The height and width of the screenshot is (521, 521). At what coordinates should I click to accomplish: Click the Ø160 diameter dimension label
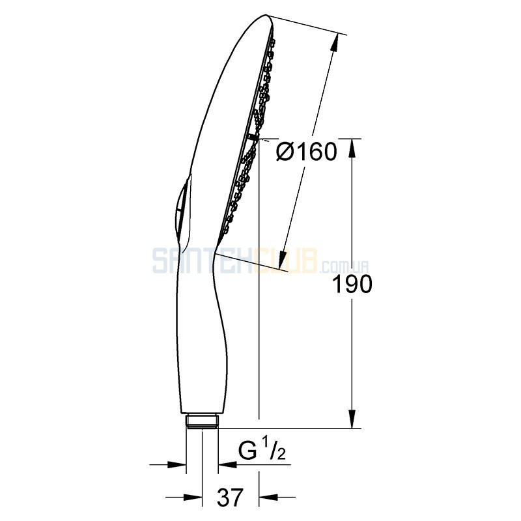[x=306, y=152]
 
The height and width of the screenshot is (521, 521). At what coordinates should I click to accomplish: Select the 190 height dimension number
[x=352, y=285]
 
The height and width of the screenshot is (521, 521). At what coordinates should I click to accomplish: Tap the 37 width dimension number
[x=231, y=497]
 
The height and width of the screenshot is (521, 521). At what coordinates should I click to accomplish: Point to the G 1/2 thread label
[x=262, y=449]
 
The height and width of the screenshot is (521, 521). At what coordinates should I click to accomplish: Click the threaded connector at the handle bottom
[x=202, y=421]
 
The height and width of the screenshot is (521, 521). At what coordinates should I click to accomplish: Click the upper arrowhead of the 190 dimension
[x=352, y=148]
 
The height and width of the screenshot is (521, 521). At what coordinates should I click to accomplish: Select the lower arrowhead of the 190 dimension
[x=352, y=419]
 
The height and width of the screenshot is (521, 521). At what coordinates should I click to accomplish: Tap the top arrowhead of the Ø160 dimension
[x=335, y=43]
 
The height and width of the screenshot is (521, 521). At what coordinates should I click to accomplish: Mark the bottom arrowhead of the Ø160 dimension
[x=283, y=259]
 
